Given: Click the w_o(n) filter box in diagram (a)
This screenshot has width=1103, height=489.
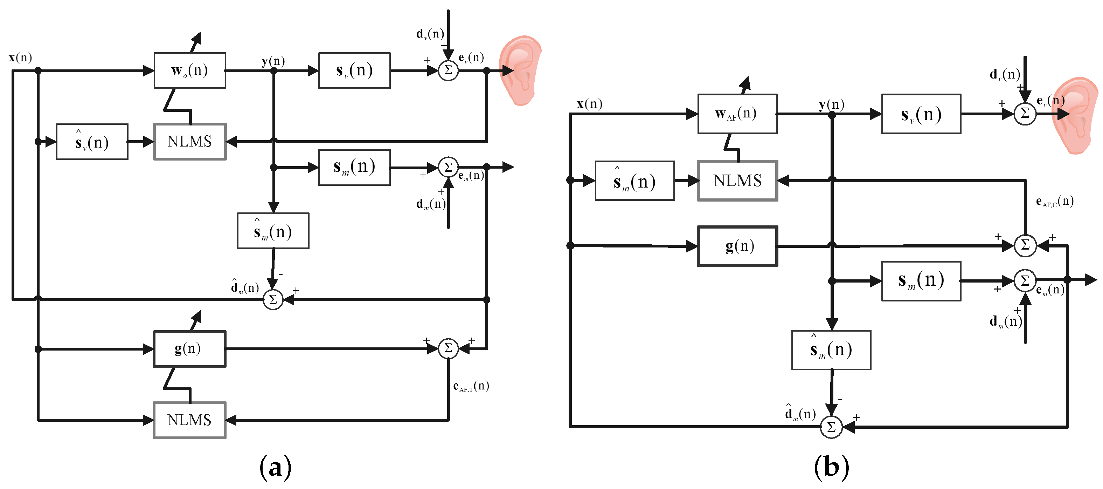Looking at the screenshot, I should point(190,71).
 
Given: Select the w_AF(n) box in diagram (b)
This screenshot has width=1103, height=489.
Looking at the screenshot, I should point(737,114).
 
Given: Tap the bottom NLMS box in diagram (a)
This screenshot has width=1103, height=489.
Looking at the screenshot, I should point(190,420).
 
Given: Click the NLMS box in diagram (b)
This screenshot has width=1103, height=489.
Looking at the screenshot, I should point(737,181).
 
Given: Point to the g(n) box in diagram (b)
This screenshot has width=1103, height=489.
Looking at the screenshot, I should point(737,246).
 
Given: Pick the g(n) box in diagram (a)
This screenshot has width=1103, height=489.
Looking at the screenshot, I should point(190,349).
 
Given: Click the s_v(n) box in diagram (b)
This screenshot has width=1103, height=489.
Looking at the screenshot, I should point(921,114).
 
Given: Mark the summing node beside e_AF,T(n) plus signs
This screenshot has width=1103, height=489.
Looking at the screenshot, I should point(448,348).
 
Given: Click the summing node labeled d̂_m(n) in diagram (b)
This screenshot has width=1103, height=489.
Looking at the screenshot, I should point(831,427).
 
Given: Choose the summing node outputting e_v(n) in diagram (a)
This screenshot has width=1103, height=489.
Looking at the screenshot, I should point(448,70).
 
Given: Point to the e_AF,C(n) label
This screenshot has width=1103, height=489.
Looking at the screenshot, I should point(1054,202).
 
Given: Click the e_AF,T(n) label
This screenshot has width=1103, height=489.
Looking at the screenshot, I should point(471,386).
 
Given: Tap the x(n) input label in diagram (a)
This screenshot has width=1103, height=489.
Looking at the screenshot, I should point(20,57).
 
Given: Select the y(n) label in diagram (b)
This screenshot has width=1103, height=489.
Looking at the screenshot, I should point(831,104).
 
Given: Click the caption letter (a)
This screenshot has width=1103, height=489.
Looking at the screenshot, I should point(275,467).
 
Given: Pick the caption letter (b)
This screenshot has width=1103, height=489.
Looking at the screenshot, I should point(831,467).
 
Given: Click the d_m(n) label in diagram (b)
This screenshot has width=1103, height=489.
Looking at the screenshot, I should point(1005,321).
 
